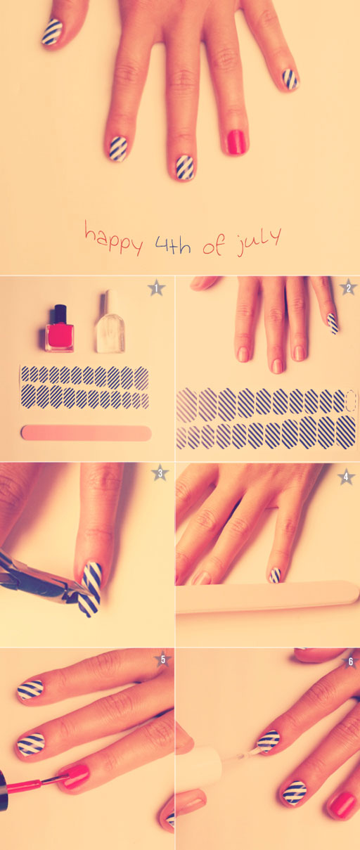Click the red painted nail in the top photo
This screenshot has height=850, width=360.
236,141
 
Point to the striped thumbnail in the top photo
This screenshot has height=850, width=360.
52,32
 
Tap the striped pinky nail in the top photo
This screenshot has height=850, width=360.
290,79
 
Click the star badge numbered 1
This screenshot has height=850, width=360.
156,287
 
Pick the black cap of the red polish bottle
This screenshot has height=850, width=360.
60,314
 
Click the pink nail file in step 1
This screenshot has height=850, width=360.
86,432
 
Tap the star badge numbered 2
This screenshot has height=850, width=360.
347,287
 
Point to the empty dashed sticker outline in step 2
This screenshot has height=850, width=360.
351,401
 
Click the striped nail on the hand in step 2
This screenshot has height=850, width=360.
333,323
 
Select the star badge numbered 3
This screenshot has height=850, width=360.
160,473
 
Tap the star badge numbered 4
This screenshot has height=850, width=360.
346,477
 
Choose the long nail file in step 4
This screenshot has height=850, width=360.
267,598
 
